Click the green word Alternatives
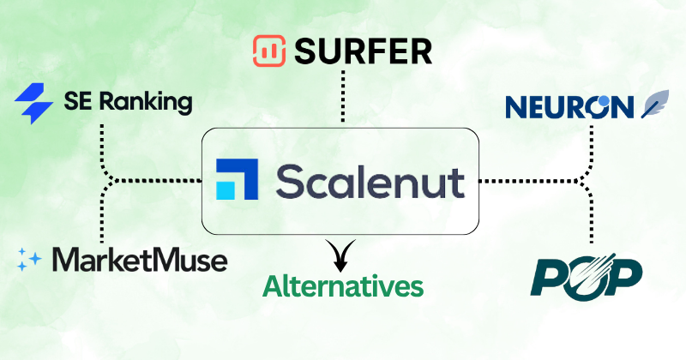coord(343,285)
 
